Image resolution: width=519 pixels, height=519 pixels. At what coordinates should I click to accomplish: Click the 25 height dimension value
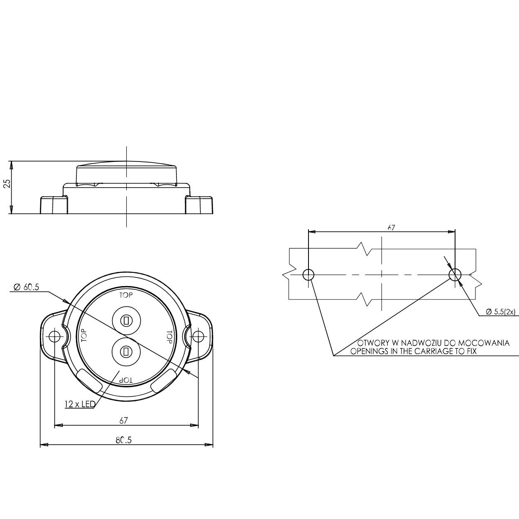tap(7, 183)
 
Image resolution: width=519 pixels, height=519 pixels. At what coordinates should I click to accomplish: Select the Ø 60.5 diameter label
tap(27, 287)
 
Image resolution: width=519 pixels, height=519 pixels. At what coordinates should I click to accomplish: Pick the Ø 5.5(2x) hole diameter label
tap(501, 312)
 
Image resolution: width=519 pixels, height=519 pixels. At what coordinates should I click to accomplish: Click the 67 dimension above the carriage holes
tap(391, 228)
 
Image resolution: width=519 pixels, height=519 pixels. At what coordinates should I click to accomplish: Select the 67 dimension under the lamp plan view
tap(123, 420)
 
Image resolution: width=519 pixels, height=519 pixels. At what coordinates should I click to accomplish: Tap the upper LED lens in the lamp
tap(126, 321)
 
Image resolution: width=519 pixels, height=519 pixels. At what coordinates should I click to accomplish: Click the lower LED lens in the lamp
tap(126, 351)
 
